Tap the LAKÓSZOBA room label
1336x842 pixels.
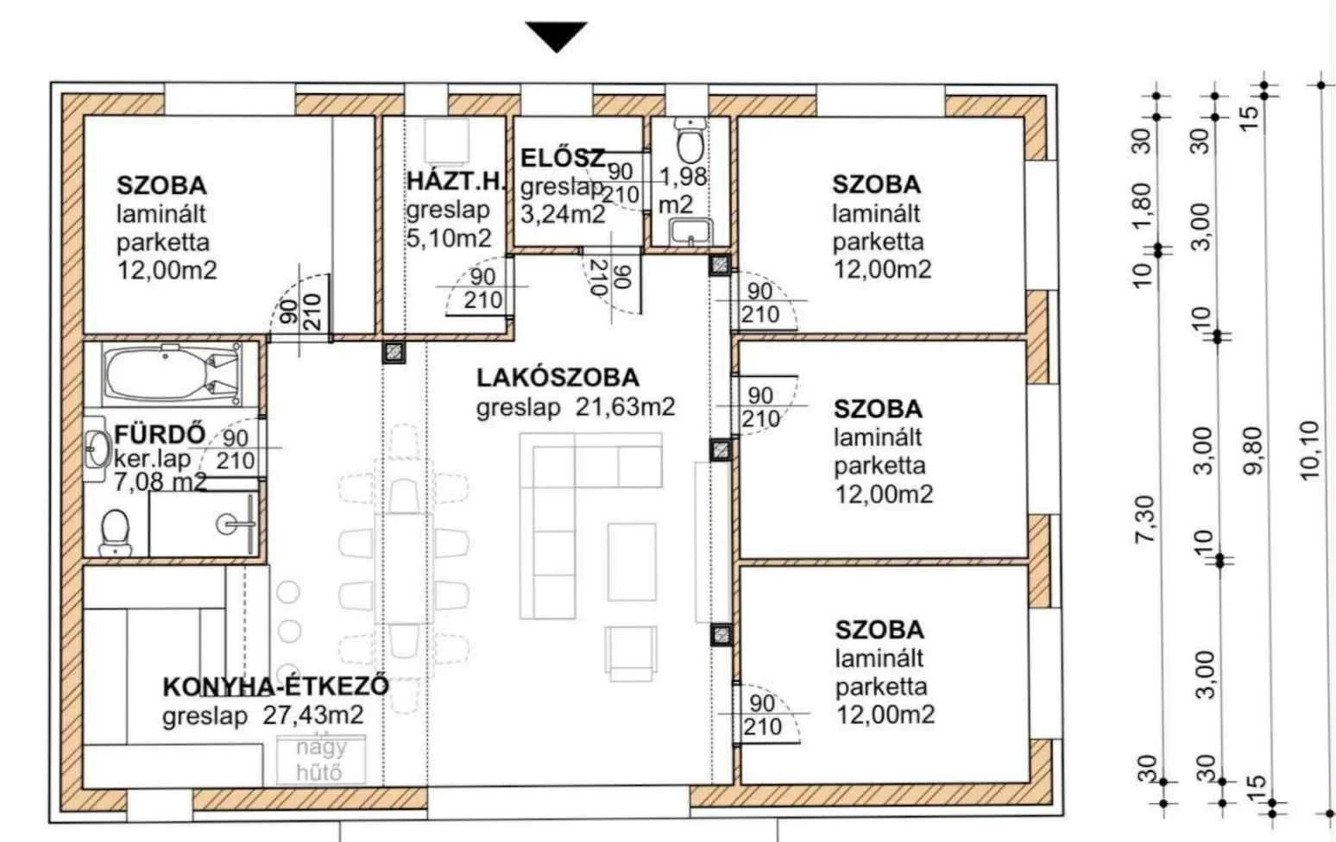pos(558,378)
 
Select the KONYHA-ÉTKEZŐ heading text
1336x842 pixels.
pos(275,687)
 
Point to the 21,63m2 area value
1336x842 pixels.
pos(625,407)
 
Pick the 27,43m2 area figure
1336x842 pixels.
pos(313,715)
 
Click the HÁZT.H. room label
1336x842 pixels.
pos(457,181)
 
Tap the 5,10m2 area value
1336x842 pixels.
pos(449,238)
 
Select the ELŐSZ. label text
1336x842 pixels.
pos(564,159)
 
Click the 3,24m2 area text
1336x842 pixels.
pos(563,214)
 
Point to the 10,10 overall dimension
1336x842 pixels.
pos(1310,450)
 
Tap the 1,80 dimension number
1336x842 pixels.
pos(1141,205)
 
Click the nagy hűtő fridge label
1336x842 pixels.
pos(320,760)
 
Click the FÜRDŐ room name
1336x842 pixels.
pos(160,435)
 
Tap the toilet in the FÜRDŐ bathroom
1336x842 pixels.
pos(114,532)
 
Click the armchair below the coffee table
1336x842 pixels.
pos(632,654)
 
